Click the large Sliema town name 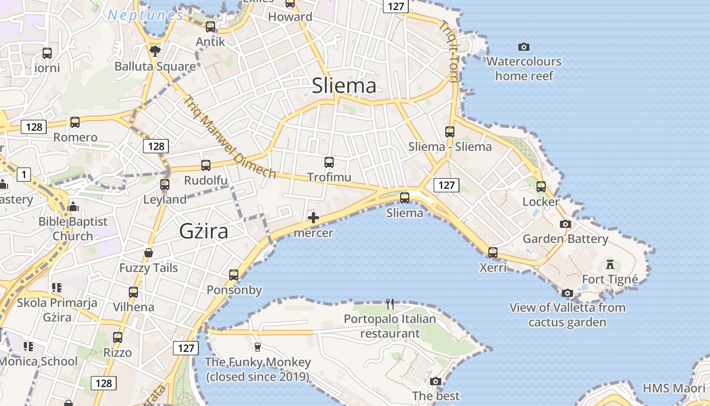pos(344,86)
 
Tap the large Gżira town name pos(203,231)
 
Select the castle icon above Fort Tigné pos(610,264)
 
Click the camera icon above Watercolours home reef pos(524,47)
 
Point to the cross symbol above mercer pos(313,218)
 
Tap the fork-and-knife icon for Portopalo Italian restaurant pos(389,304)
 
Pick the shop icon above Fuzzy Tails pos(149,253)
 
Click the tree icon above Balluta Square pos(155,51)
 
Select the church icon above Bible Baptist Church pos(73,207)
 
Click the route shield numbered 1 pos(23,175)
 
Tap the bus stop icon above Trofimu pos(329,162)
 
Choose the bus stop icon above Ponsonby pos(234,275)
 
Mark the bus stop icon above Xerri pos(492,252)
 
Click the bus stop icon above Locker pos(541,187)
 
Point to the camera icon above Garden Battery pos(565,224)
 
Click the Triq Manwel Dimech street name pos(231,137)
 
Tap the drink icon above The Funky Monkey pos(257,347)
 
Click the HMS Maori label pos(673,388)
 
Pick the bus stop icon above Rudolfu pos(205,165)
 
